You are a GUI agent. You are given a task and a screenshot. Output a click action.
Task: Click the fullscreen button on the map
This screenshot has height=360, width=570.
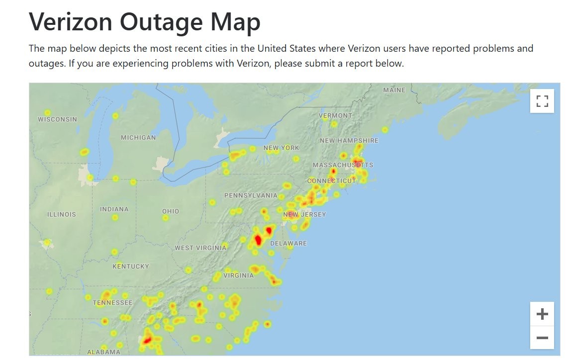point(542,101)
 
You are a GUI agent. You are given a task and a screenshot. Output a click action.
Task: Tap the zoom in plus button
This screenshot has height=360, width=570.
point(542,314)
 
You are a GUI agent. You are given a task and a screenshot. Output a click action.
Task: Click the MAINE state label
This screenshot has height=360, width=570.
point(394,90)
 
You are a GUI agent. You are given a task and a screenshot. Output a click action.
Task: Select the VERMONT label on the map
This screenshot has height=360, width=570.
point(335,115)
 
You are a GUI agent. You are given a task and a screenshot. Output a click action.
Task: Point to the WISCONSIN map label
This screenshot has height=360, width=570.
point(58,119)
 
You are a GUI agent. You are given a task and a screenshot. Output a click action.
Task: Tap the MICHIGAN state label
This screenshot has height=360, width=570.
point(138,137)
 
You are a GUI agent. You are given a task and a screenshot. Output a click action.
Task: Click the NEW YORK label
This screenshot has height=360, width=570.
point(282,148)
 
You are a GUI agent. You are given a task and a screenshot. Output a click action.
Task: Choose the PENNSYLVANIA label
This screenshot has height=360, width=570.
point(251,195)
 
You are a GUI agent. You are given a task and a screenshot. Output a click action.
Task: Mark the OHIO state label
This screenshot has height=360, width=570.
point(171,211)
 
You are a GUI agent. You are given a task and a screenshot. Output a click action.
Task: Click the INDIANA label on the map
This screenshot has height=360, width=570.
point(114,209)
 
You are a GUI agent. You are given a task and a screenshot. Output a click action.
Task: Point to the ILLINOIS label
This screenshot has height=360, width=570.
point(62,215)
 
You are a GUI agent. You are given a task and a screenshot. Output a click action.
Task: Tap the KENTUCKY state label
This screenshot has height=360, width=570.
point(131,267)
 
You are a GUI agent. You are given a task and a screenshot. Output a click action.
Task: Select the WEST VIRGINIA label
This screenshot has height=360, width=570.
point(200,248)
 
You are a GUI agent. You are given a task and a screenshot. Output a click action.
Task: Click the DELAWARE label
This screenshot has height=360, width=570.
point(288,244)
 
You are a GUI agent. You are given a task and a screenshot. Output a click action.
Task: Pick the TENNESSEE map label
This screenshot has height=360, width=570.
point(113,302)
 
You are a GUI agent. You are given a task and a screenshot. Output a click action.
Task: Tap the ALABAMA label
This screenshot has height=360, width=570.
point(103,352)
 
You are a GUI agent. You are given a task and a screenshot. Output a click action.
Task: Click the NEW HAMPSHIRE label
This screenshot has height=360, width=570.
point(349,141)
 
